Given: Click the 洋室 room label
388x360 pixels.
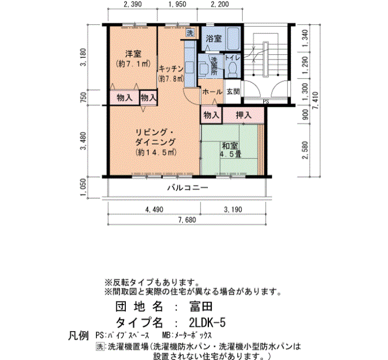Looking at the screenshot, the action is coord(133,53).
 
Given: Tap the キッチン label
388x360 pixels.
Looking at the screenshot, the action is coord(171,69).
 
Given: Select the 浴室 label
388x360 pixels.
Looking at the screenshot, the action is coord(213,39).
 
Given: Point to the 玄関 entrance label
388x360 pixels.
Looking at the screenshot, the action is coord(233,91).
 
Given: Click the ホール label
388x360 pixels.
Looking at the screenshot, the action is coord(212,92).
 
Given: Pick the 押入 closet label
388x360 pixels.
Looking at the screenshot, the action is coord(243,115).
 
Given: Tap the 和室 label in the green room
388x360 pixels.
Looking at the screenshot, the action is coord(229,146).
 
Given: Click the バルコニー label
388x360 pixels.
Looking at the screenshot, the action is coord(188,188).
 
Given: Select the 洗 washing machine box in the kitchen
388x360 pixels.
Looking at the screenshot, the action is coord(190,33).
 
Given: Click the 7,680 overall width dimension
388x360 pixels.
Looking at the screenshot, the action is coord(187,220).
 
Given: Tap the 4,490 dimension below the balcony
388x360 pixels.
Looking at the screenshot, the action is coord(154,210).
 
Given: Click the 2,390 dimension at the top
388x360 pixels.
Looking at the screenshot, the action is coord(132,4).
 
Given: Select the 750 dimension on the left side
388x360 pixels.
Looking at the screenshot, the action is coord(84,97).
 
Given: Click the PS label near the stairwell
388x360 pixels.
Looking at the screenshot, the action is coord(266,101).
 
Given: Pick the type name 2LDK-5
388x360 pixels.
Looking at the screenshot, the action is coord(207,322).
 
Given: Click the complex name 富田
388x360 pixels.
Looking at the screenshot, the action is coord(201,307).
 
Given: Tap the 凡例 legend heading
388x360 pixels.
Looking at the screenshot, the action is coord(78,336).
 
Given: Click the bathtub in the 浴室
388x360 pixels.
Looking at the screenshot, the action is coord(233,39).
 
